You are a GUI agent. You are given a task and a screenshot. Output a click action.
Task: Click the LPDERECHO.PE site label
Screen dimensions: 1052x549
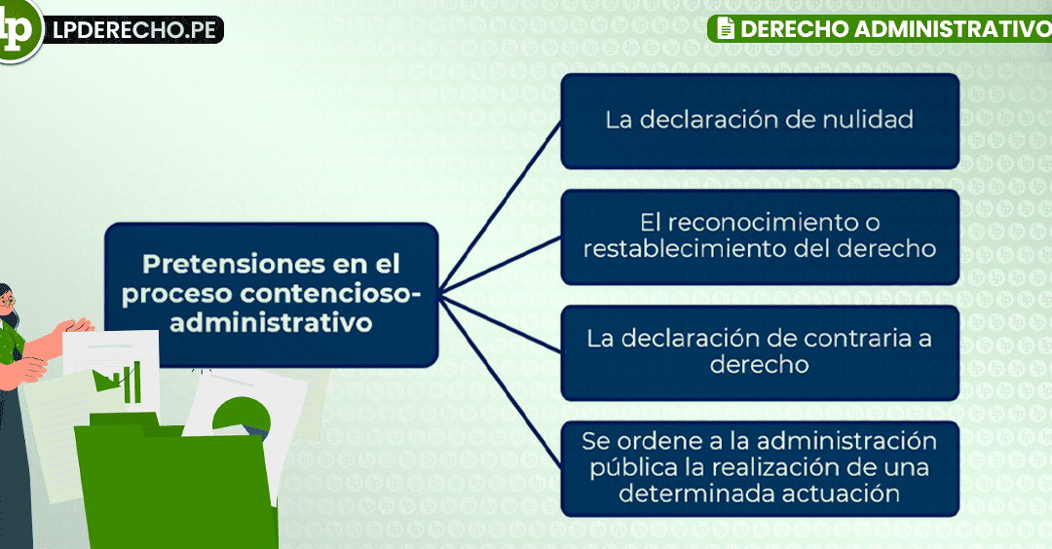click(134, 30)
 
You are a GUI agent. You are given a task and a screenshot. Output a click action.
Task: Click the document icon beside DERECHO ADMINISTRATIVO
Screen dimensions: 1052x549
click(726, 28)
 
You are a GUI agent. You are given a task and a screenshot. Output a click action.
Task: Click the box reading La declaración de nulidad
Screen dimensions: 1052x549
click(760, 122)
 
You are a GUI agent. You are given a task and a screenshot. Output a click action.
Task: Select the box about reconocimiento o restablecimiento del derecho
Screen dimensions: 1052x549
click(760, 238)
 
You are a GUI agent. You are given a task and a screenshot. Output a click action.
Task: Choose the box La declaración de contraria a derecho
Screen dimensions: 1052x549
click(760, 353)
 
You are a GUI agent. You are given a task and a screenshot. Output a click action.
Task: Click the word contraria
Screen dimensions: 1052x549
click(848, 339)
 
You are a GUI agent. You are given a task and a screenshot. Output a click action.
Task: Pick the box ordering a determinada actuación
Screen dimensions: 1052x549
click(760, 469)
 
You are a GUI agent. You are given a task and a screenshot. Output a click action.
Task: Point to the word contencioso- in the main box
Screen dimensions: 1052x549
click(330, 294)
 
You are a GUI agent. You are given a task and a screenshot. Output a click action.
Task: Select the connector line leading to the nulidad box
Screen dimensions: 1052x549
click(500, 207)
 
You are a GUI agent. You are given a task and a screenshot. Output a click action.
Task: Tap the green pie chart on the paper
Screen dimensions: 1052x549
click(242, 417)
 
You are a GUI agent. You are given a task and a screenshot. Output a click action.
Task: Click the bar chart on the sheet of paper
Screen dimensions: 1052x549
click(120, 383)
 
